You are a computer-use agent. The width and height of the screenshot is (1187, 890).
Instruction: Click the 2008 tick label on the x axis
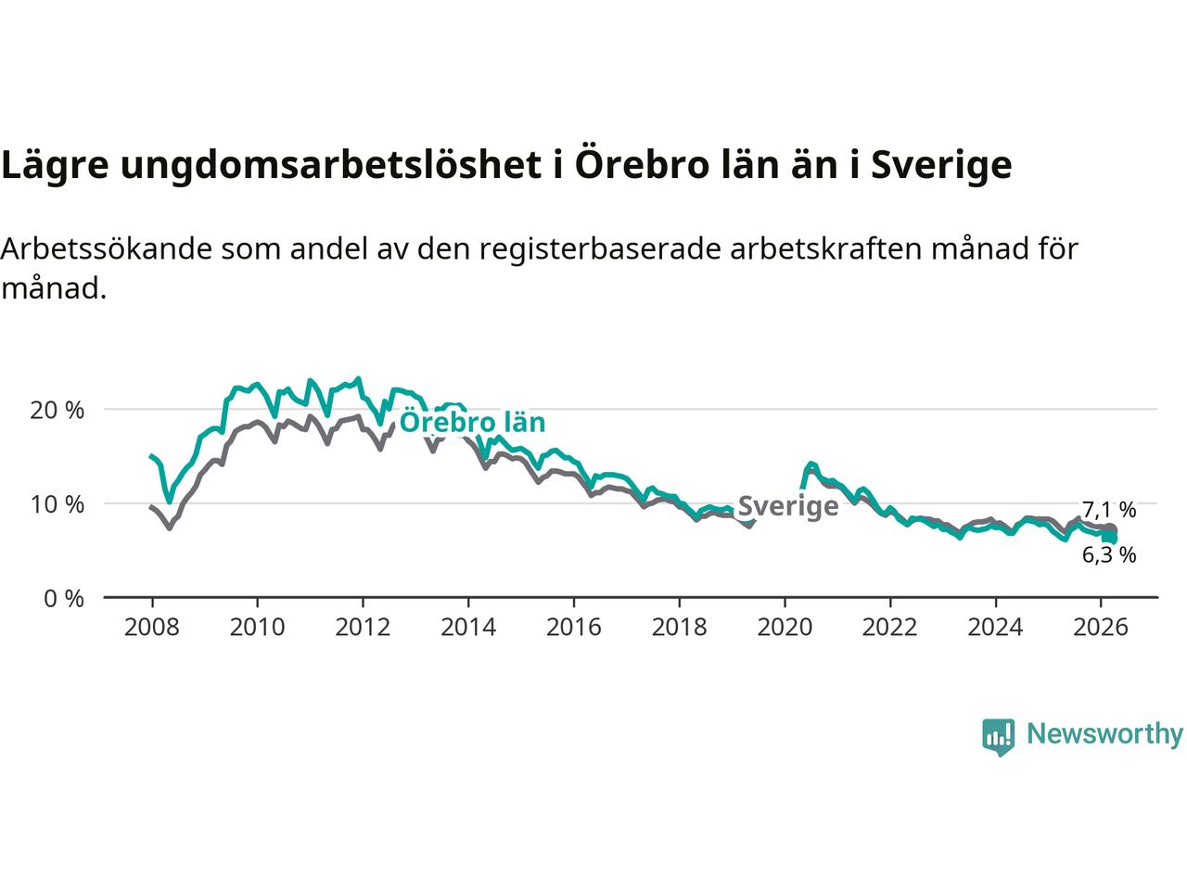click(151, 628)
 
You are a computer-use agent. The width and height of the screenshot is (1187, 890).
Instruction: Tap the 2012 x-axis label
click(363, 628)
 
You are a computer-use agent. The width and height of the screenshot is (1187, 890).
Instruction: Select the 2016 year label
click(573, 628)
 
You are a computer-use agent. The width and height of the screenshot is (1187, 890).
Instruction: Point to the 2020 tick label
click(785, 628)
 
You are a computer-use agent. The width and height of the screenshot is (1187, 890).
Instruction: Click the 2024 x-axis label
click(995, 628)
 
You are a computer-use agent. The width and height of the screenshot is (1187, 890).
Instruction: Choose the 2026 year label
click(1101, 628)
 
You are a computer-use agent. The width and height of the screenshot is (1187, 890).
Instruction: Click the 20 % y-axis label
click(57, 410)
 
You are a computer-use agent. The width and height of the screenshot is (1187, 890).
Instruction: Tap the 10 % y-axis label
click(57, 504)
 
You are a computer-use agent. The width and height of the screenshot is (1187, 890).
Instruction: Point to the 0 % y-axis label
click(64, 599)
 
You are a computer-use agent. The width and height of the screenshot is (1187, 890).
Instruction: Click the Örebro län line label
click(472, 423)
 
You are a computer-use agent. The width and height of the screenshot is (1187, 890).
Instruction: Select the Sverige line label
click(787, 506)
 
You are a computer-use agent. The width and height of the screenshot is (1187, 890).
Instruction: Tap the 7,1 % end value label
click(1109, 510)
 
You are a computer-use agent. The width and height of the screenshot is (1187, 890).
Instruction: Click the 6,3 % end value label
click(1109, 555)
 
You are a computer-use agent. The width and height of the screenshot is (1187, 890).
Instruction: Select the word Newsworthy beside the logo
click(1104, 734)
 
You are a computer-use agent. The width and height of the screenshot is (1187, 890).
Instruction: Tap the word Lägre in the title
click(55, 165)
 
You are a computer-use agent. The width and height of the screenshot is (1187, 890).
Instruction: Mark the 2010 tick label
click(257, 628)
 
